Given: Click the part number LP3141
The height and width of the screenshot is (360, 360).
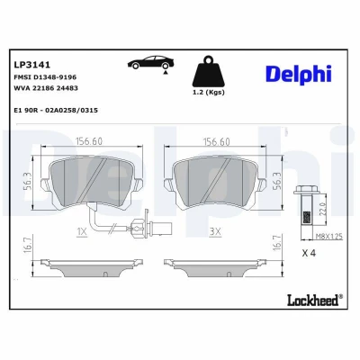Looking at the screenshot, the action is (x=32, y=65).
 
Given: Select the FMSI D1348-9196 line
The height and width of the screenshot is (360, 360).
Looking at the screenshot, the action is (x=45, y=77).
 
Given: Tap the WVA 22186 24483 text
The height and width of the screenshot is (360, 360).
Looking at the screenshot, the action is (x=46, y=88).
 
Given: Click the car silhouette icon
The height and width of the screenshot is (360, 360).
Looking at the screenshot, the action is (x=151, y=63).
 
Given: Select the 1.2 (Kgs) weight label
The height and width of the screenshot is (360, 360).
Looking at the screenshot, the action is (x=208, y=93).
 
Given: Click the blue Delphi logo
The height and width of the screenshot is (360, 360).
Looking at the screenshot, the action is (x=299, y=74).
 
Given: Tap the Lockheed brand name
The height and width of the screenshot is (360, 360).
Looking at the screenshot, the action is (x=314, y=300).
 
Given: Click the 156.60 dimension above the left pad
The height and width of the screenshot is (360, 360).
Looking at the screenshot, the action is (x=89, y=141).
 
